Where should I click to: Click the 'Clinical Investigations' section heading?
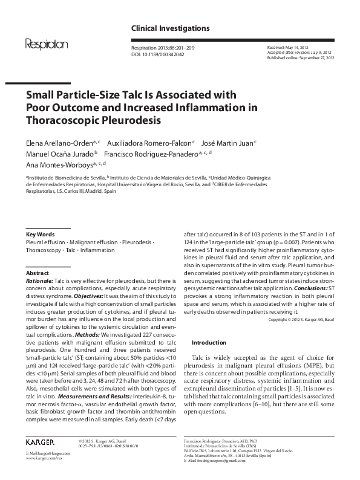[171, 28]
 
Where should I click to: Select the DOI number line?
[158, 54]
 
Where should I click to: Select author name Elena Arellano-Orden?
[59, 143]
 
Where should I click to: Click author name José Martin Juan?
[227, 143]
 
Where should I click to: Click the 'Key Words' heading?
[40, 235]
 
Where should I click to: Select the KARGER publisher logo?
[44, 442]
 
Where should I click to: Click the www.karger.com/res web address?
[45, 459]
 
